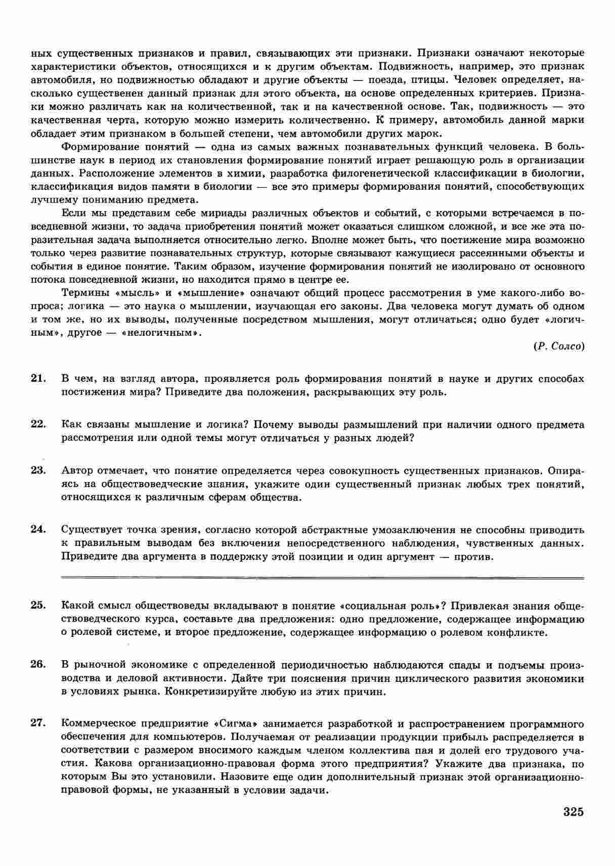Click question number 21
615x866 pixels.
(x=38, y=378)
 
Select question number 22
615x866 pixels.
(x=38, y=424)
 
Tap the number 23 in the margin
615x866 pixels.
(x=38, y=470)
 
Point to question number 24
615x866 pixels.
(x=38, y=530)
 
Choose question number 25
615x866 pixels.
(x=38, y=605)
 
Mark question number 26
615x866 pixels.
(x=38, y=665)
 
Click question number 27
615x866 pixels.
(x=38, y=724)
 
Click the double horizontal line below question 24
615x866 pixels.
(x=322, y=577)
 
